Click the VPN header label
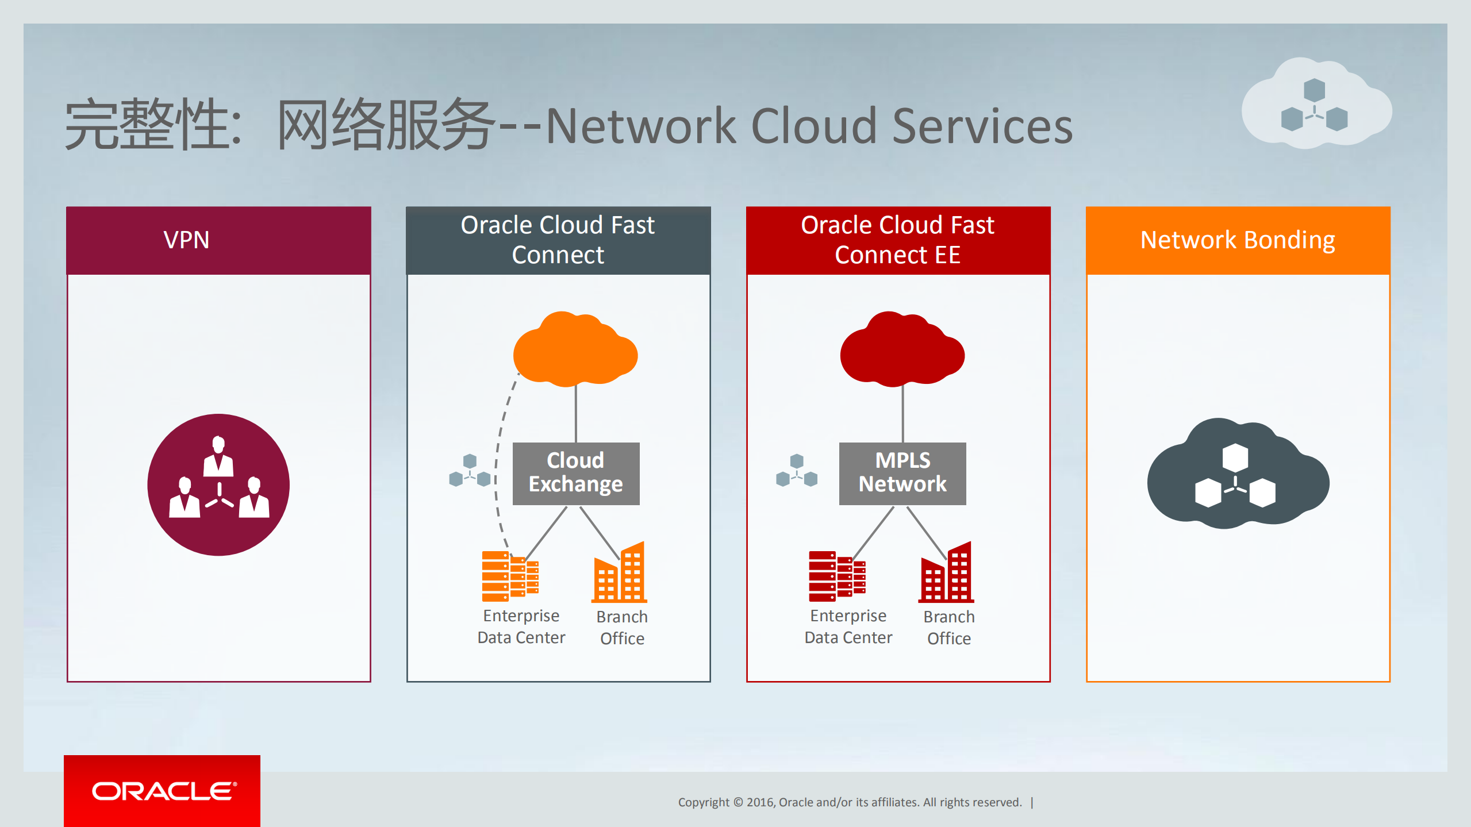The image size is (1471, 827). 186,240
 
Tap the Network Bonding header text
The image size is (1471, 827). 1238,240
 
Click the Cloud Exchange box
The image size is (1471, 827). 575,473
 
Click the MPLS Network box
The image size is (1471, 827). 902,473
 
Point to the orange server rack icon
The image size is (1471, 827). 509,576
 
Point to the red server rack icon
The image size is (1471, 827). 836,576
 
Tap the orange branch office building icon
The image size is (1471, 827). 620,574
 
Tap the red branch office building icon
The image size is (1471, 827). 947,574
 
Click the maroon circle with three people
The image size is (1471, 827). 218,484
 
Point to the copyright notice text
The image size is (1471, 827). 850,802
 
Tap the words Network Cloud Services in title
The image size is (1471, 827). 808,126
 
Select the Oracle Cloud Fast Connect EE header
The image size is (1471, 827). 897,240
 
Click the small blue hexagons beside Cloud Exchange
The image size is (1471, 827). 470,471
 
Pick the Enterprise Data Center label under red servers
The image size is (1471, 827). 848,626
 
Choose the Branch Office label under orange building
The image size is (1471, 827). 622,628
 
